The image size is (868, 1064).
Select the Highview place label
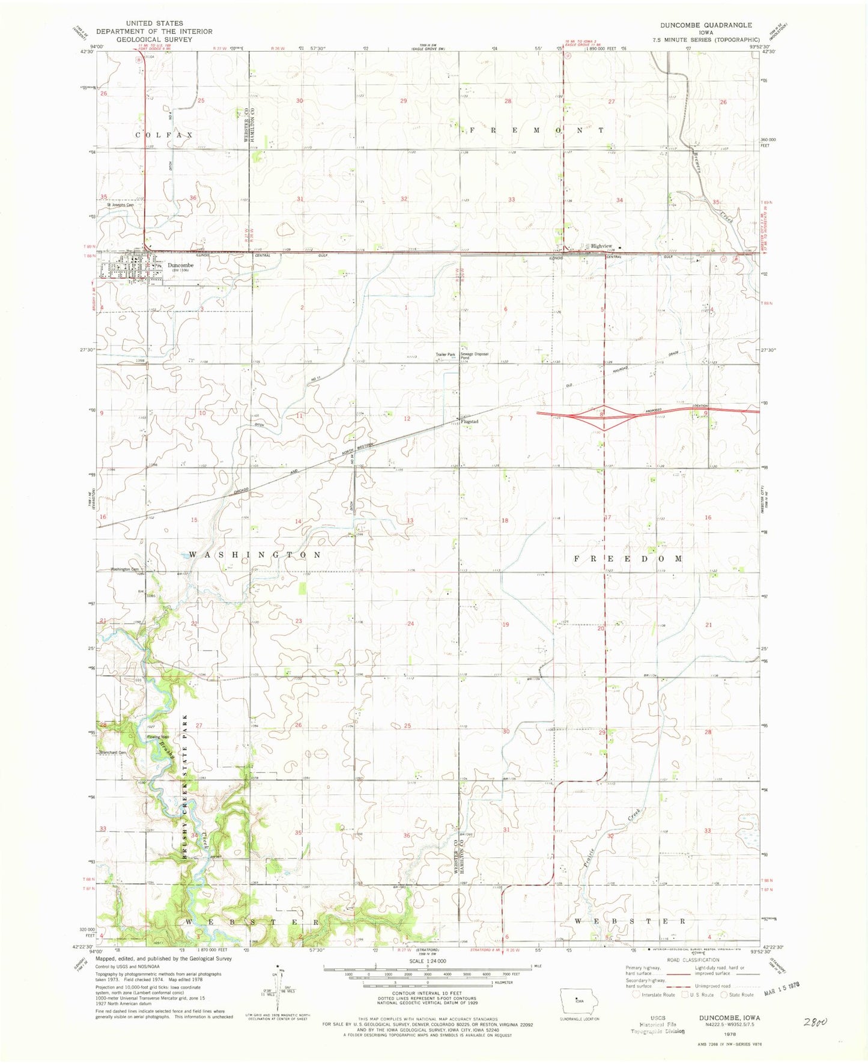point(601,246)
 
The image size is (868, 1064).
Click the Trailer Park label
point(445,354)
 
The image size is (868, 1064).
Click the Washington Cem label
point(124,569)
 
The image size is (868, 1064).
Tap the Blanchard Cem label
point(115,752)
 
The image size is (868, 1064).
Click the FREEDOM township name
point(628,558)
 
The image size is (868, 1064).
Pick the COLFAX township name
point(164,135)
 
